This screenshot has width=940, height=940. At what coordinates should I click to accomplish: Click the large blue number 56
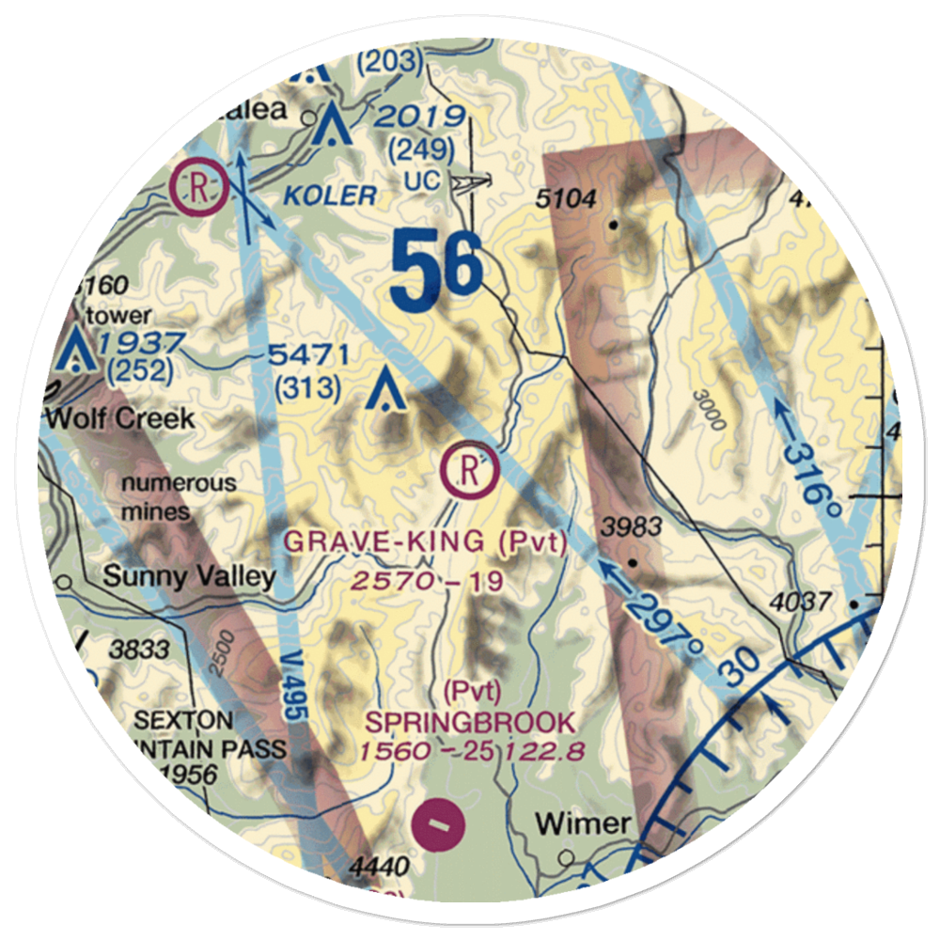pyautogui.click(x=437, y=273)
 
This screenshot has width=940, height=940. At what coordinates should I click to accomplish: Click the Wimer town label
pyautogui.click(x=583, y=823)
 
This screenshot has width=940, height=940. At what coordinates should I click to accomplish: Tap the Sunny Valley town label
pyautogui.click(x=189, y=575)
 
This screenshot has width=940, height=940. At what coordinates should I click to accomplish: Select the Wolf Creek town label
pyautogui.click(x=119, y=417)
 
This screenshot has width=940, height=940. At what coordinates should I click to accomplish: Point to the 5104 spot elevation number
pyautogui.click(x=569, y=198)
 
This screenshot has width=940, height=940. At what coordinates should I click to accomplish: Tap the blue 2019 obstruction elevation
pyautogui.click(x=417, y=117)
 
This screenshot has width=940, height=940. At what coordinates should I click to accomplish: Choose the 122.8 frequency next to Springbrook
pyautogui.click(x=545, y=751)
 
